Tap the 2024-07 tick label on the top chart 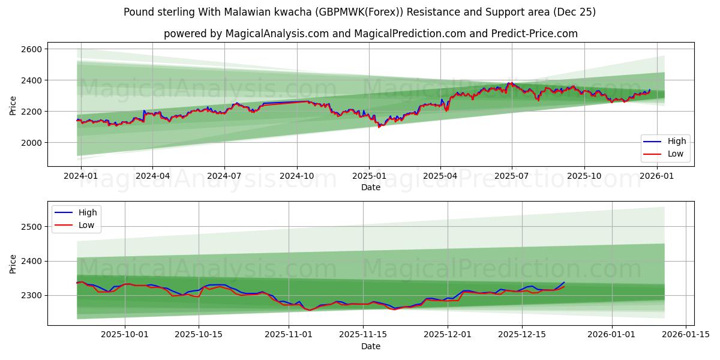(224, 176)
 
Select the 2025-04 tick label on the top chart (440, 176)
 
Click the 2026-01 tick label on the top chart (657, 176)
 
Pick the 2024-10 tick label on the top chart (296, 176)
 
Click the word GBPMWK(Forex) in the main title (358, 12)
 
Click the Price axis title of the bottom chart (13, 263)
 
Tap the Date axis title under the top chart (370, 187)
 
